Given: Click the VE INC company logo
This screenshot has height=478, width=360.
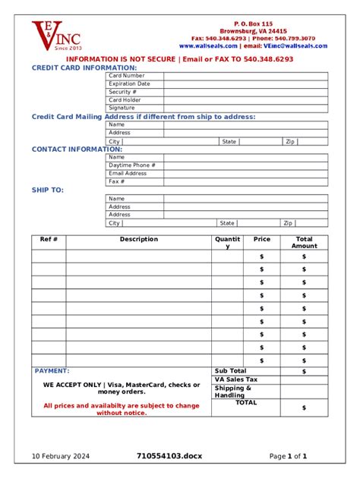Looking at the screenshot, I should (55, 35).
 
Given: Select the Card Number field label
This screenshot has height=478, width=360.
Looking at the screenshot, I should (126, 76).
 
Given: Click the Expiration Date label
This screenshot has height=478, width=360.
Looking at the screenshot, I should (129, 83).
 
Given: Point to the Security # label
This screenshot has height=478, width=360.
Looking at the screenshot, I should (122, 92).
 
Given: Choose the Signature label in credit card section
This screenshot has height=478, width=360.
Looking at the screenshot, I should (122, 108).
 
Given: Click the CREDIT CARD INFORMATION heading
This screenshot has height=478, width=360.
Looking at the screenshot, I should (84, 68).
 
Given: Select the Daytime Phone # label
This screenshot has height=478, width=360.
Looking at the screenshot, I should (131, 165).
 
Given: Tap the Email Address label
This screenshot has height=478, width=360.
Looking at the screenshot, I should (128, 173).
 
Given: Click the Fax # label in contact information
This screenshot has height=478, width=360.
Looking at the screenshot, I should (116, 181).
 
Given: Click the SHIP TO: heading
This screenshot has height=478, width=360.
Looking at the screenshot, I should (48, 190).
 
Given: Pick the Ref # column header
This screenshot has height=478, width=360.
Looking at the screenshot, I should (49, 239).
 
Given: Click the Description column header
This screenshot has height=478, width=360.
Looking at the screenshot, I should (139, 239).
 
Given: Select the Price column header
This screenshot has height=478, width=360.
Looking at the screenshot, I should (261, 239).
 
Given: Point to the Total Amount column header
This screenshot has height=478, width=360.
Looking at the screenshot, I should (304, 242).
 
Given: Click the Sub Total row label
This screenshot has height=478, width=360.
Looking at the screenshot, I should (230, 371).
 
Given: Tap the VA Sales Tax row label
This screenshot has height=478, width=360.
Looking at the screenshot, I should (236, 379).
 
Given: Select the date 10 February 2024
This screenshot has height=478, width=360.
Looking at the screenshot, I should (61, 456).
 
